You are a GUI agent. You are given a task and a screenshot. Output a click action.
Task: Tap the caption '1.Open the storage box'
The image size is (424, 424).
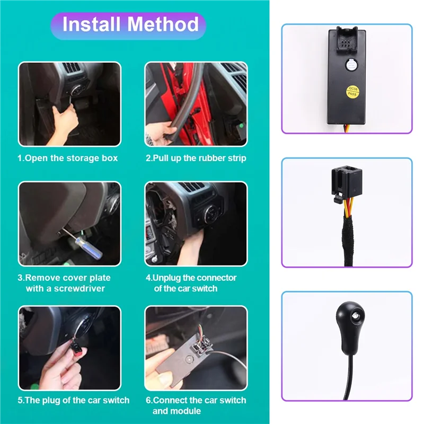(x=68, y=158)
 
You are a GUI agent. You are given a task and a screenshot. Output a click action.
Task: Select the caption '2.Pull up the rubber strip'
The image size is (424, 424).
(x=196, y=158)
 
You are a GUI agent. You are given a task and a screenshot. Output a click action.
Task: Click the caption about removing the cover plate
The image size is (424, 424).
(x=65, y=283)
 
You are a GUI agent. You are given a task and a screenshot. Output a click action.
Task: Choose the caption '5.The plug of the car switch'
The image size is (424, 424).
(x=73, y=400)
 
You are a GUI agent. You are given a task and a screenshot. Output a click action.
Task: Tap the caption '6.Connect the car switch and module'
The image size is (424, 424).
(x=196, y=405)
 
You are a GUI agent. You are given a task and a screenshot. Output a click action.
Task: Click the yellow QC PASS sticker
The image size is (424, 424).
(x=352, y=91)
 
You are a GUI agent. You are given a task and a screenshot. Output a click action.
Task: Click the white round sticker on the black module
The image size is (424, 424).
(x=351, y=66)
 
